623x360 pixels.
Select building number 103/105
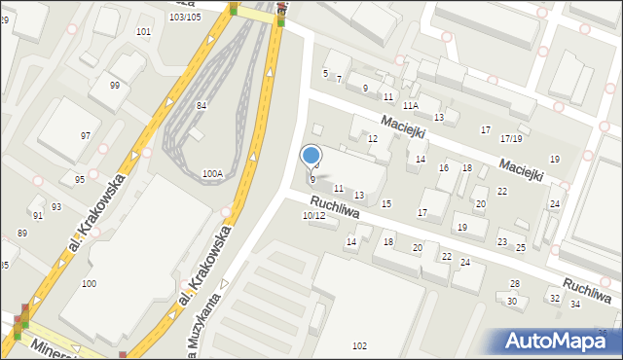tap(185, 17)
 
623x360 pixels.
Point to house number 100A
tap(212, 173)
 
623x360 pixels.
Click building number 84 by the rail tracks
tap(202, 105)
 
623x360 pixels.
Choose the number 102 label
tap(359, 346)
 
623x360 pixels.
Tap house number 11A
tap(411, 105)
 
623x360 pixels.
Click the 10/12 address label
tap(313, 215)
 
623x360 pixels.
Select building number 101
tap(144, 32)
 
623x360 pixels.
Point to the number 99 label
tap(115, 86)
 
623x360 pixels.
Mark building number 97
tap(86, 135)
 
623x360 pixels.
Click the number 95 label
tap(80, 180)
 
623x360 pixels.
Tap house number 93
tap(56, 206)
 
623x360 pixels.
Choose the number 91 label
tap(37, 215)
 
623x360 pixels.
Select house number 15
tap(386, 203)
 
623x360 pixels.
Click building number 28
tap(515, 283)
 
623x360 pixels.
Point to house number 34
tap(575, 305)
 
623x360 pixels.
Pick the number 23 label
tap(502, 241)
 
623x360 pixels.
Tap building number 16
tap(443, 168)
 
